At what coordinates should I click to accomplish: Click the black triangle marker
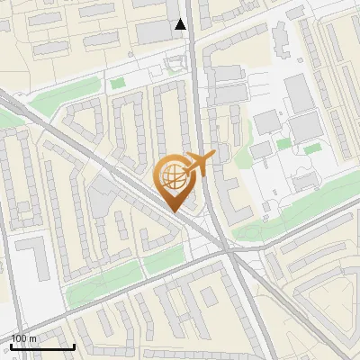point(181,24)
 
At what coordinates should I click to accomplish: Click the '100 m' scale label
point(24,338)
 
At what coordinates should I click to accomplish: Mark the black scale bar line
point(42,346)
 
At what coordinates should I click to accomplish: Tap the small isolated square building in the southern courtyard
point(209,296)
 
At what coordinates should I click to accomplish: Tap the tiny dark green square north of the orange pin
point(117,83)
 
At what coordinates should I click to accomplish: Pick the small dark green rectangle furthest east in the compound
point(312,149)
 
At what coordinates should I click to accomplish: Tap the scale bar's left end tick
point(11,346)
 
